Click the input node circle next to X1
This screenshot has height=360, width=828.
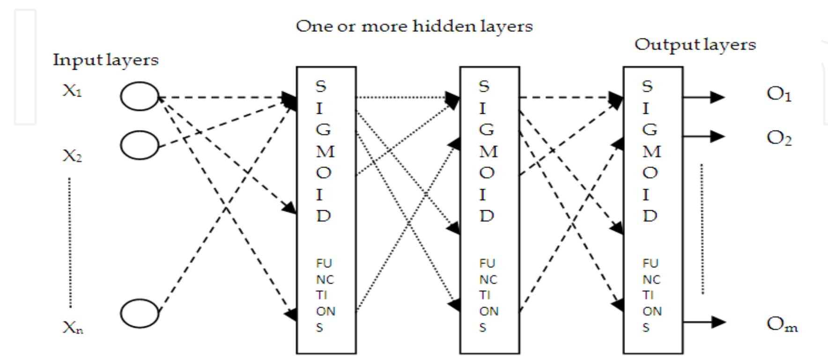pyautogui.click(x=140, y=96)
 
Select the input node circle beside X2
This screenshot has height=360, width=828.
pyautogui.click(x=140, y=145)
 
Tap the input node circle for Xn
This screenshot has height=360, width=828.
pyautogui.click(x=140, y=313)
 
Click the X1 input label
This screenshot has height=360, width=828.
pyautogui.click(x=72, y=90)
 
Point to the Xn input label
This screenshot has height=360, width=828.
pyautogui.click(x=73, y=328)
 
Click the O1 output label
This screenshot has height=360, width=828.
pyautogui.click(x=779, y=95)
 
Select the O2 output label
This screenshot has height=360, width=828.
pyautogui.click(x=779, y=139)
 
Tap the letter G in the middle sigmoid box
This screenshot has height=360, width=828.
pyautogui.click(x=486, y=130)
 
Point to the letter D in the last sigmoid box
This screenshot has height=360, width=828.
pyautogui.click(x=650, y=216)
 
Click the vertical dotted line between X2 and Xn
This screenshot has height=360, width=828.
pyautogui.click(x=70, y=242)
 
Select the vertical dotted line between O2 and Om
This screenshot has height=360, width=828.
pyautogui.click(x=702, y=228)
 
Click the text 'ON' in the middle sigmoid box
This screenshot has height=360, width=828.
pyautogui.click(x=488, y=311)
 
